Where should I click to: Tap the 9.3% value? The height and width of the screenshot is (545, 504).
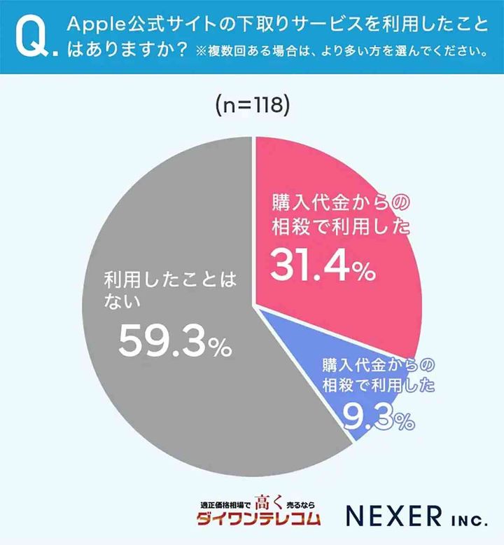(377, 418)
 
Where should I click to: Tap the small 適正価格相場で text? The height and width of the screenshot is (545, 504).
(225, 504)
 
